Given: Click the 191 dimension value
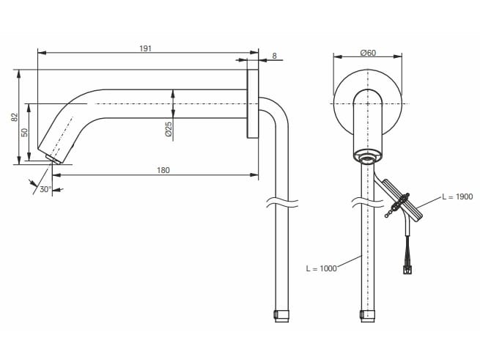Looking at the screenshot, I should [x=145, y=48].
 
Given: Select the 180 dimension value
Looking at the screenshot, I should [x=163, y=170].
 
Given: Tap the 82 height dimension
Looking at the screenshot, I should [x=14, y=117].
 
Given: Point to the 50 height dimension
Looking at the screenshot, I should [x=24, y=132].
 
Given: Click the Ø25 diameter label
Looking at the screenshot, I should [x=168, y=129].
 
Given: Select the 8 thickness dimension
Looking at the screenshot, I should [x=273, y=56].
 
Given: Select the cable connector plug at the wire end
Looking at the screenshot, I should [x=407, y=269].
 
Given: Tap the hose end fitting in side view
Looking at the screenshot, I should [x=281, y=315].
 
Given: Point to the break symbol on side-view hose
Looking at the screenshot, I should [x=281, y=201].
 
